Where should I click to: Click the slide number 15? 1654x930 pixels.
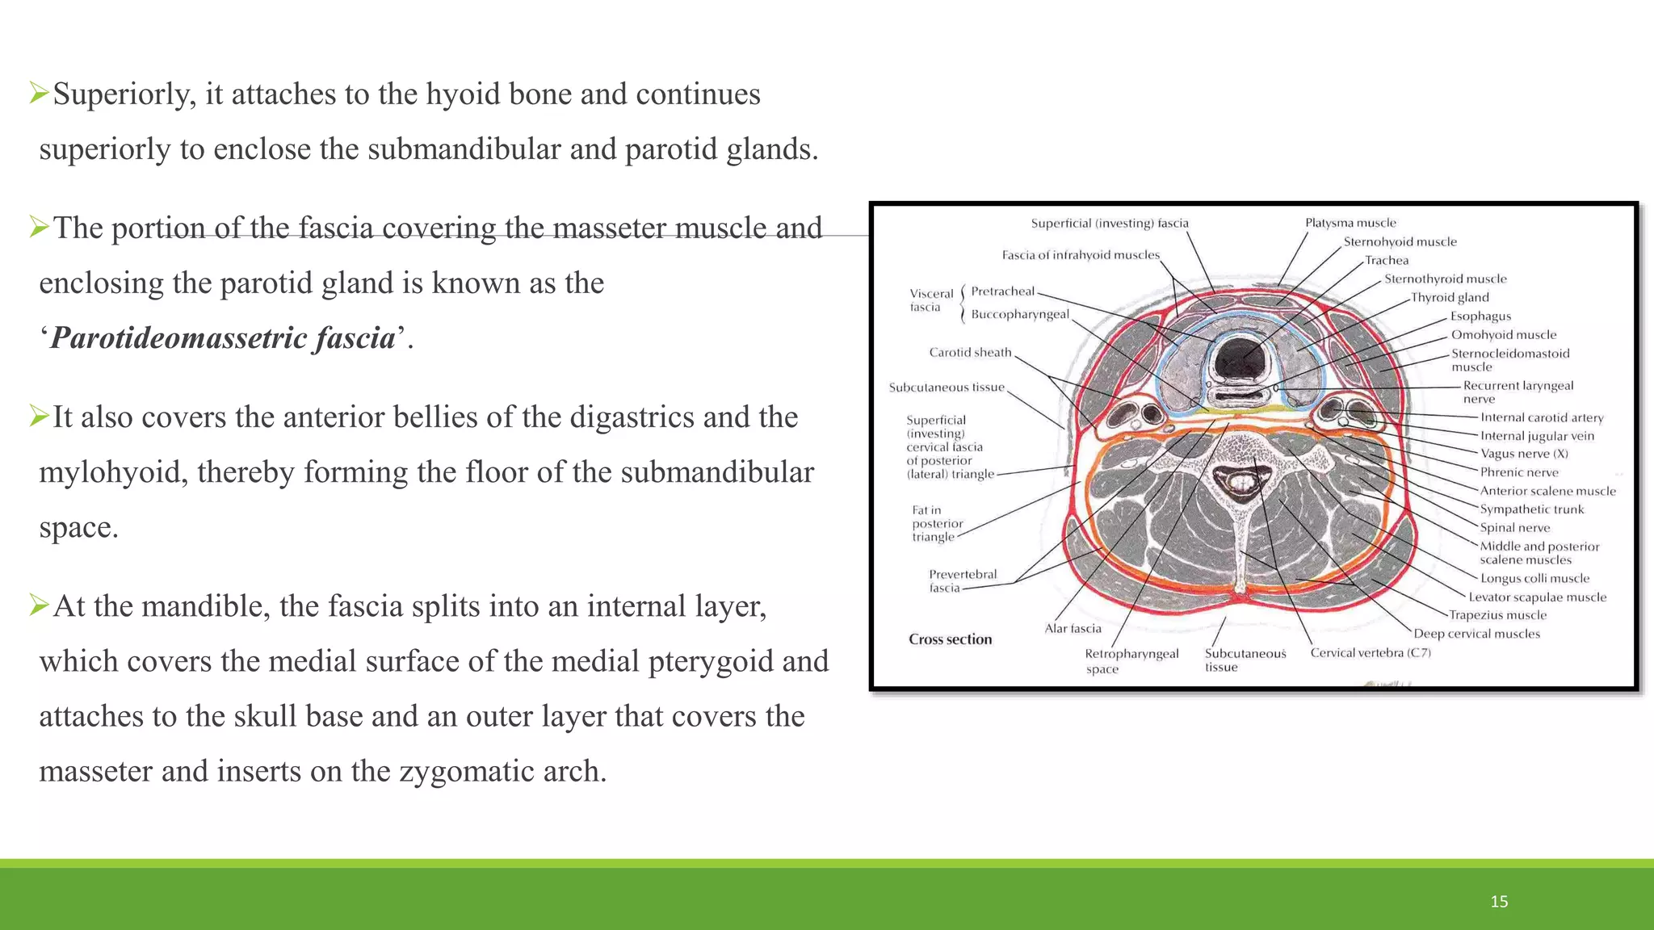[1499, 902]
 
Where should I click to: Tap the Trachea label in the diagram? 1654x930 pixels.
[1387, 260]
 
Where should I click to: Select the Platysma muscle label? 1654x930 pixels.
[1350, 223]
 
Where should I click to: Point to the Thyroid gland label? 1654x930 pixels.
[1450, 297]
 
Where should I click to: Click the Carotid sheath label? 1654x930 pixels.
[970, 352]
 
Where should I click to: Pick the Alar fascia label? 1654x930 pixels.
[1073, 628]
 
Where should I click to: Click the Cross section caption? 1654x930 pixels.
[950, 639]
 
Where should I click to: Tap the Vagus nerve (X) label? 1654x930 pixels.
[1524, 454]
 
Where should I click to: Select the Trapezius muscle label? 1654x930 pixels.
[1497, 615]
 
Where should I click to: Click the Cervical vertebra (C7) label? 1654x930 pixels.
[1371, 652]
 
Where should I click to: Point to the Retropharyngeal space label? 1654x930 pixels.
[1131, 660]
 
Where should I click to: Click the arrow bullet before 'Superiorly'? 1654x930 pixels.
[39, 93]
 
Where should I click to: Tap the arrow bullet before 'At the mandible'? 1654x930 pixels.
[39, 605]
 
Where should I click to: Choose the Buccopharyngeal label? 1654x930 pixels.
[1020, 314]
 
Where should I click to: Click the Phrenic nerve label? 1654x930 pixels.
[1519, 472]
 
